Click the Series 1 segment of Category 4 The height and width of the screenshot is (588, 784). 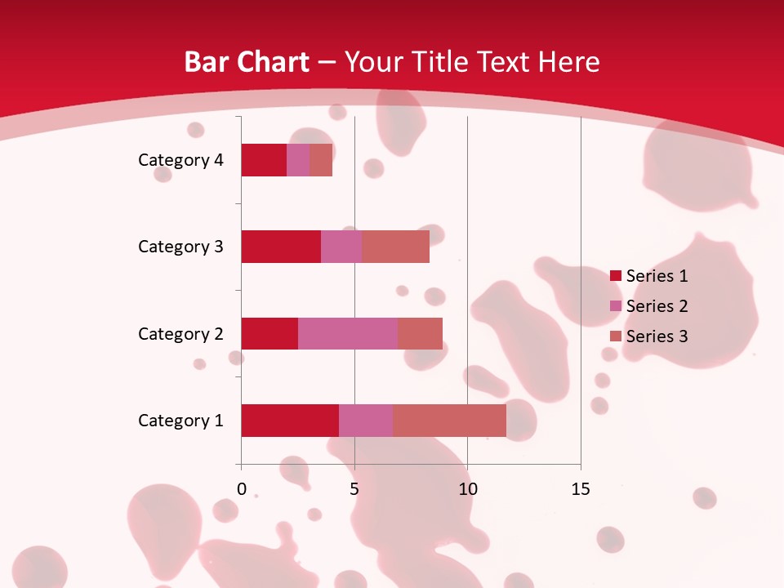pyautogui.click(x=264, y=160)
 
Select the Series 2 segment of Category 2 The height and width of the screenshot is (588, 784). pyautogui.click(x=348, y=333)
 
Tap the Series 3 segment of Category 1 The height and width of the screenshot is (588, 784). pyautogui.click(x=449, y=421)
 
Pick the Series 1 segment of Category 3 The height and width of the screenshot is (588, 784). pyautogui.click(x=281, y=247)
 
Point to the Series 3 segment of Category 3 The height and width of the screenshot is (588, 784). pyautogui.click(x=395, y=247)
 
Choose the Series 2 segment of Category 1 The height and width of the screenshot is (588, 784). pyautogui.click(x=366, y=421)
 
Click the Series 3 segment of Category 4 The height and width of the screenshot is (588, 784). pyautogui.click(x=321, y=160)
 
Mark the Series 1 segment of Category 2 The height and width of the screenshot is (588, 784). pyautogui.click(x=269, y=333)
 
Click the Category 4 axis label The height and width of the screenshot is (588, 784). pyautogui.click(x=180, y=160)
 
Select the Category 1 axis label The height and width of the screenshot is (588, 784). pyautogui.click(x=180, y=421)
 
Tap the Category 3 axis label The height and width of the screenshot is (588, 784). pyautogui.click(x=180, y=247)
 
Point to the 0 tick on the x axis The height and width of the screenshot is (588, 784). pyautogui.click(x=242, y=489)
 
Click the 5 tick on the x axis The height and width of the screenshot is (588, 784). pyautogui.click(x=354, y=489)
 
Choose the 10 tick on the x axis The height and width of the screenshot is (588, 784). pyautogui.click(x=467, y=489)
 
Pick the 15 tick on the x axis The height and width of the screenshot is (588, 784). pyautogui.click(x=581, y=489)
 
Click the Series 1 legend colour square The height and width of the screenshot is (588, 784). pyautogui.click(x=615, y=276)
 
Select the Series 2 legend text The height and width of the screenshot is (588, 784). pyautogui.click(x=657, y=306)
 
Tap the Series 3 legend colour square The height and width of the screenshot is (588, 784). pyautogui.click(x=615, y=336)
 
